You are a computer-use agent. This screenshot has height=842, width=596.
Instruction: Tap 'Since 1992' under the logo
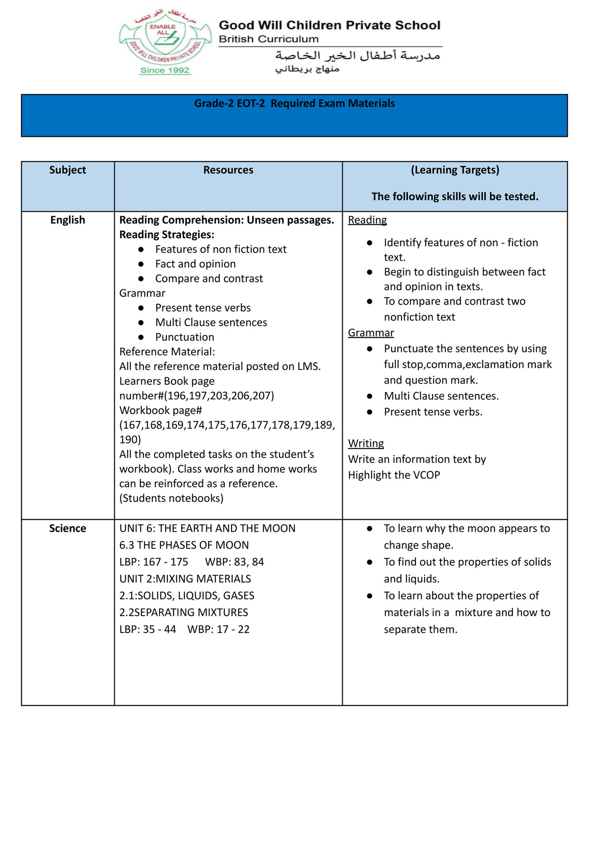pyautogui.click(x=165, y=70)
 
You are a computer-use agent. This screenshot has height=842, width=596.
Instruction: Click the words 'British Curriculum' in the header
pyautogui.click(x=268, y=39)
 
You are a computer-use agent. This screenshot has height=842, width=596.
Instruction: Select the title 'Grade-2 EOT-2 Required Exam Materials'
pyautogui.click(x=294, y=104)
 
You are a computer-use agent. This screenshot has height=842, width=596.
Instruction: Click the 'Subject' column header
pyautogui.click(x=68, y=170)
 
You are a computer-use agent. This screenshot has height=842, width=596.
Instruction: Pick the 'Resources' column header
pyautogui.click(x=228, y=170)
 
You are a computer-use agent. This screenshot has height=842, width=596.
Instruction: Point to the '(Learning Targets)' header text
pyautogui.click(x=455, y=170)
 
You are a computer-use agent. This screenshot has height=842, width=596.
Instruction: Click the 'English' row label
pyautogui.click(x=68, y=220)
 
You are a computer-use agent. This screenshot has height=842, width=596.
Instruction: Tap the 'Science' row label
pyautogui.click(x=68, y=528)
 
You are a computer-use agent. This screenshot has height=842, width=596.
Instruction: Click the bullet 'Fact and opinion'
pyautogui.click(x=195, y=264)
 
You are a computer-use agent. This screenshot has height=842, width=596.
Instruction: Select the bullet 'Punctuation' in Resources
pyautogui.click(x=185, y=337)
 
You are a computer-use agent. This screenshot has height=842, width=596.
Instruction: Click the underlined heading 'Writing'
pyautogui.click(x=366, y=443)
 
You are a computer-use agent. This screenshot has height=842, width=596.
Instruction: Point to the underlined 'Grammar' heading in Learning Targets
pyautogui.click(x=371, y=333)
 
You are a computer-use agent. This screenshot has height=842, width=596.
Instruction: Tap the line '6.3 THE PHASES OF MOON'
pyautogui.click(x=184, y=545)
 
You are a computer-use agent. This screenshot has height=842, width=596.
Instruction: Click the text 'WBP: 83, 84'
pyautogui.click(x=234, y=562)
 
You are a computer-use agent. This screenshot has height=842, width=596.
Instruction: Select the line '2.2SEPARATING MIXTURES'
pyautogui.click(x=184, y=613)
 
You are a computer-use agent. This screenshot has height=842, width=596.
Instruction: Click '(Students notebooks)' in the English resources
pyautogui.click(x=171, y=498)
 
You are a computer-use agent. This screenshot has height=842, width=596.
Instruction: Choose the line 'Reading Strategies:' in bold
pyautogui.click(x=166, y=235)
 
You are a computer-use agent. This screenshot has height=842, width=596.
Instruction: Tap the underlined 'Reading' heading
pyautogui.click(x=367, y=220)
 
